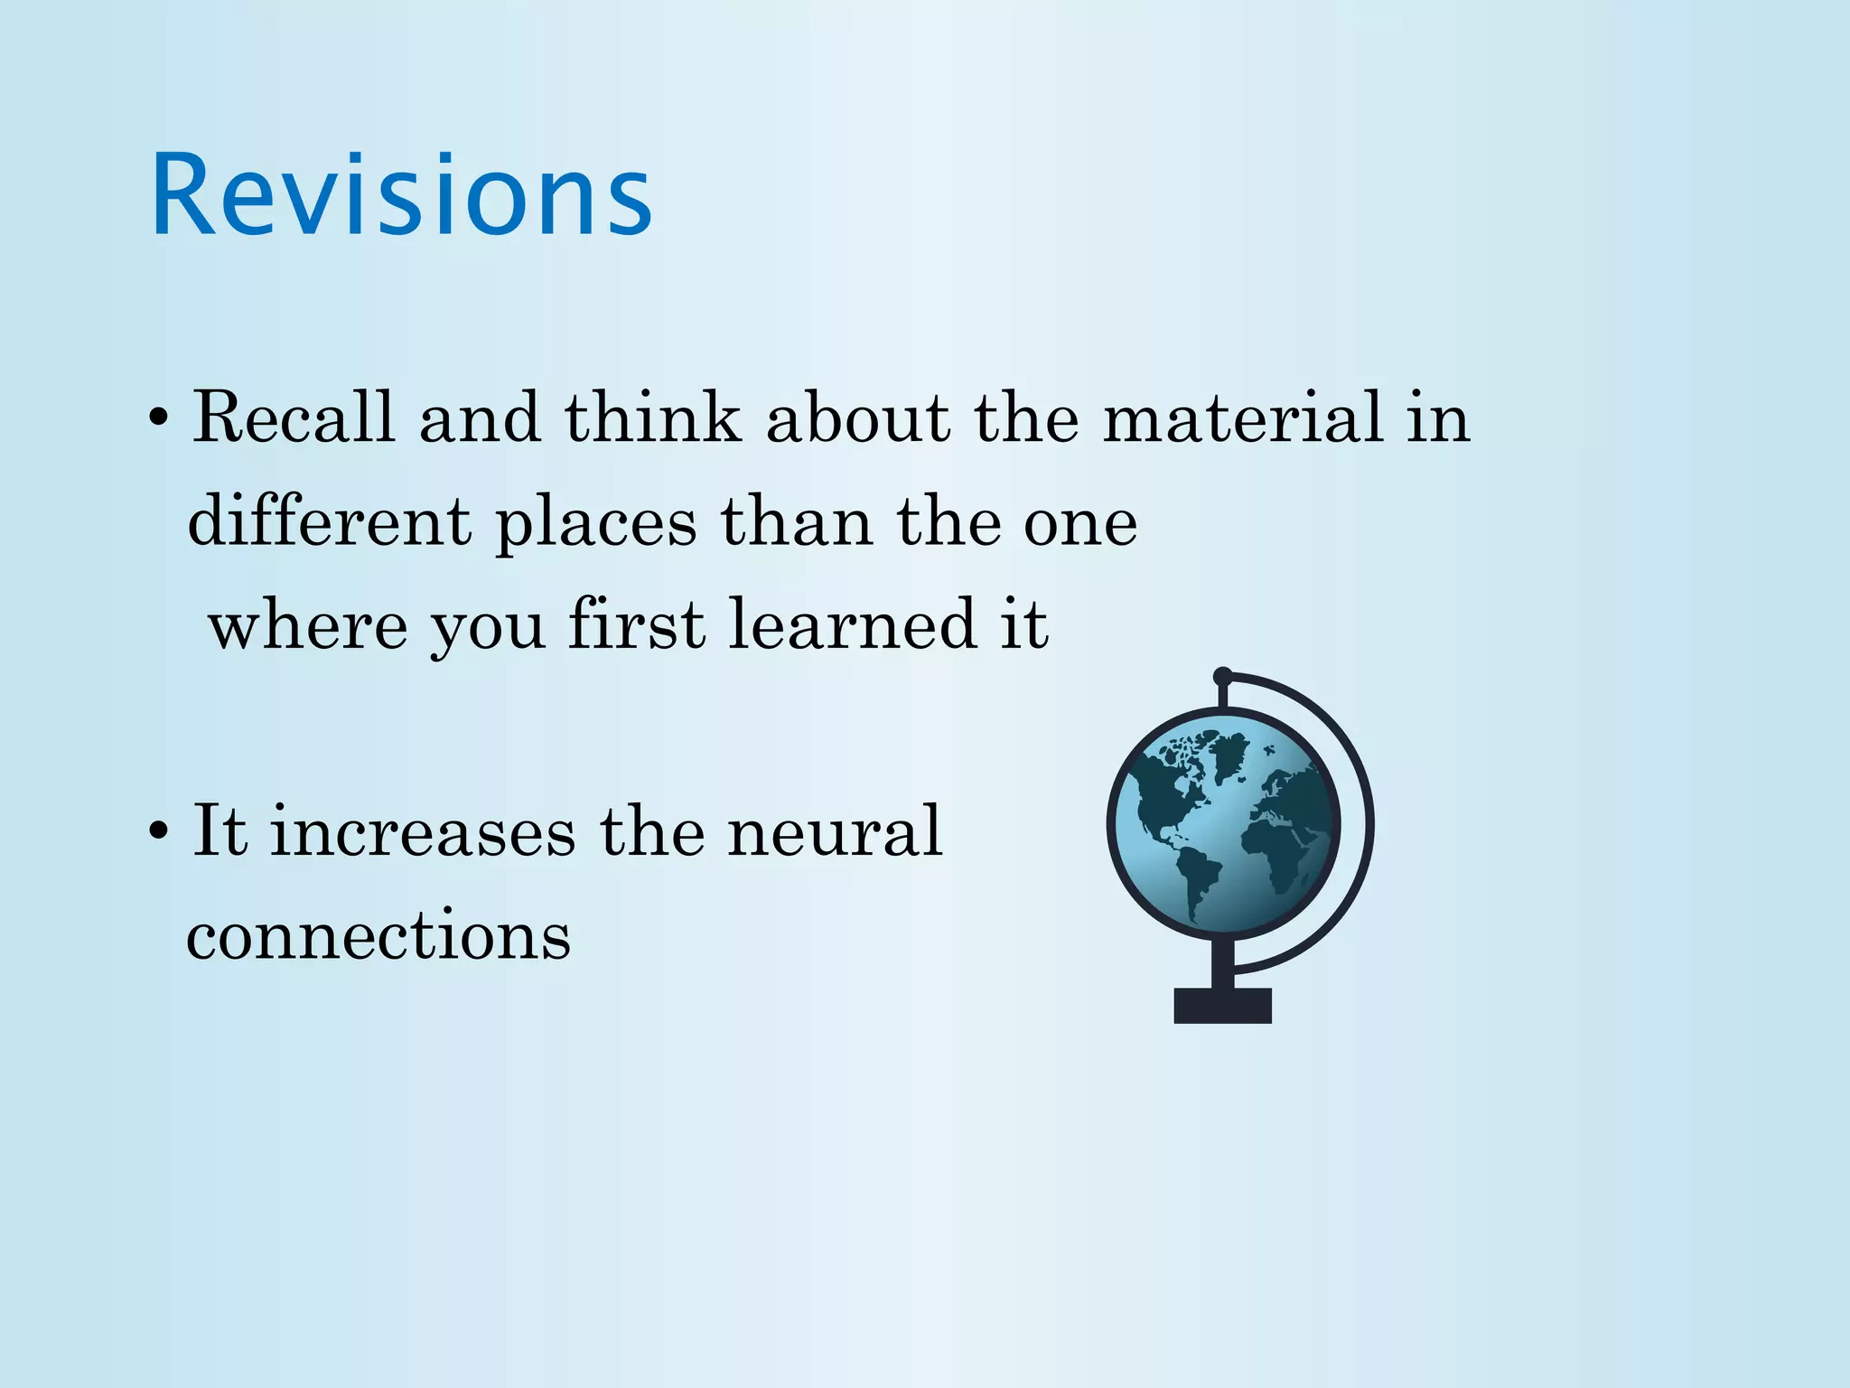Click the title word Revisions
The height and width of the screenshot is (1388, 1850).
(x=401, y=195)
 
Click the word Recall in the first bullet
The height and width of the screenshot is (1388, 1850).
(x=294, y=417)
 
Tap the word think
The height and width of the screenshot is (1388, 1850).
(x=652, y=417)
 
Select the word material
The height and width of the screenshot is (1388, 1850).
(x=1243, y=417)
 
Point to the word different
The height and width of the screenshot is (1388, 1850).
(x=329, y=521)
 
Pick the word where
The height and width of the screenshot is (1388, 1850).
(x=308, y=625)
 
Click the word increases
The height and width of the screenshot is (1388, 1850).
(x=423, y=830)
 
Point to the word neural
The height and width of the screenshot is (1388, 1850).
(x=835, y=830)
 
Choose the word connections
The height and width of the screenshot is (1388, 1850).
(x=378, y=936)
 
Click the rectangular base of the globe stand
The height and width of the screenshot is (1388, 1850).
(x=1222, y=1005)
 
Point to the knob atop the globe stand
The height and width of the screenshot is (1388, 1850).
(x=1222, y=676)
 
